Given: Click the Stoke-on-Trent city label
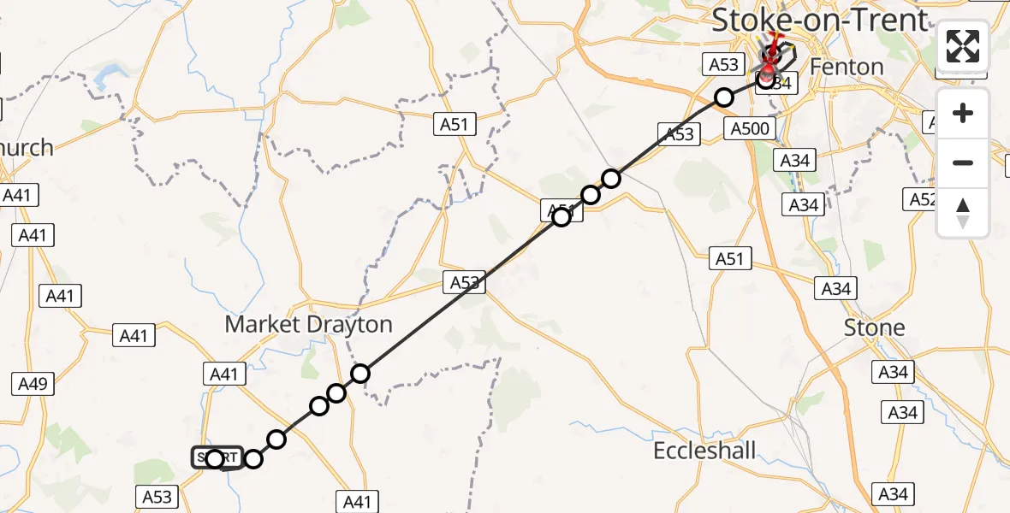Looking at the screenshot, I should (x=819, y=20).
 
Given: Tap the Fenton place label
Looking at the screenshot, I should (x=846, y=67).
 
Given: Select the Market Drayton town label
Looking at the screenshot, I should (x=308, y=325).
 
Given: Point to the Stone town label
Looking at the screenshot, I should (x=874, y=327).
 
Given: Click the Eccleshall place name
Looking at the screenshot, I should (x=704, y=451).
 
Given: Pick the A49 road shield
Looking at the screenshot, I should (x=33, y=384).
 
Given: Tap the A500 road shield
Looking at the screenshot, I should (x=750, y=128).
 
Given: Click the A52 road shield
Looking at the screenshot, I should (x=922, y=200).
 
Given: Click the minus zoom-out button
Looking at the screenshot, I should (x=963, y=162).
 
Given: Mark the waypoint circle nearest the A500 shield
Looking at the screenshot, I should (x=724, y=97).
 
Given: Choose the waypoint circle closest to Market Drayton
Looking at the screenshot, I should (x=360, y=373).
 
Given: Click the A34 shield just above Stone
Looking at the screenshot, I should (x=835, y=289).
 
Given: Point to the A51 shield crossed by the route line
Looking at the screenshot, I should (x=561, y=210).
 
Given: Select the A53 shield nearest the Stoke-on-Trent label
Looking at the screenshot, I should (x=724, y=63).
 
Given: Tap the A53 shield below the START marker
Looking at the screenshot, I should (x=157, y=496).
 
